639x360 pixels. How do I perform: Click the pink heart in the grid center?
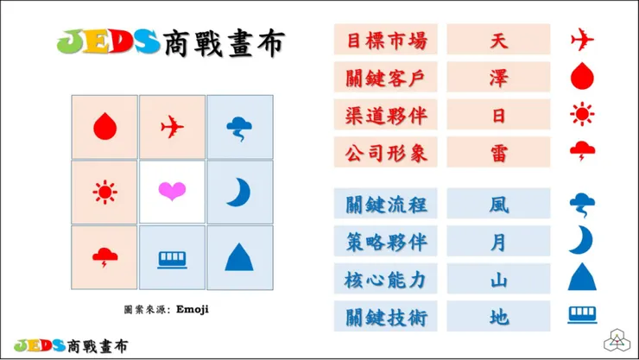coord(172,191)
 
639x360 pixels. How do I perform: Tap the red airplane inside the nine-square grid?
coord(172,127)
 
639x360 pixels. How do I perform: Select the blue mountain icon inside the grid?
coord(239,256)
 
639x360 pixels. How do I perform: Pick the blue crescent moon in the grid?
coord(238,191)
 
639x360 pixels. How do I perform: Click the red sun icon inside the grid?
coord(104,191)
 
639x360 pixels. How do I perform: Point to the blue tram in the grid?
coord(172,257)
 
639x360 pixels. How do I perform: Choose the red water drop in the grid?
coord(104,127)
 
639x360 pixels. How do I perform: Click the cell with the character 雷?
coord(498,154)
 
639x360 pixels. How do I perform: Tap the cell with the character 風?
coord(498,205)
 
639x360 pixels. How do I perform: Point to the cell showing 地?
coord(498,317)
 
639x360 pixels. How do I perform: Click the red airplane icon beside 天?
coord(582,40)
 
